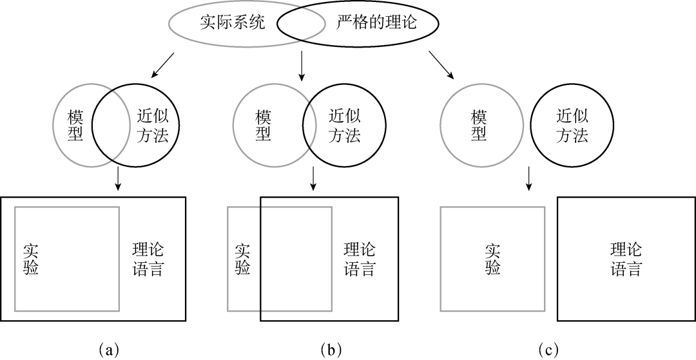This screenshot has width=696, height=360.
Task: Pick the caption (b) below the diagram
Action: [331, 349]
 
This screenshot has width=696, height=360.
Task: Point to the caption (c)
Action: [548, 349]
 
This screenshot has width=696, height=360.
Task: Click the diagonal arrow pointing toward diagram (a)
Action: [162, 65]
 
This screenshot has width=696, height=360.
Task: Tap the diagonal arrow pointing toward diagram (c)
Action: [441, 65]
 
